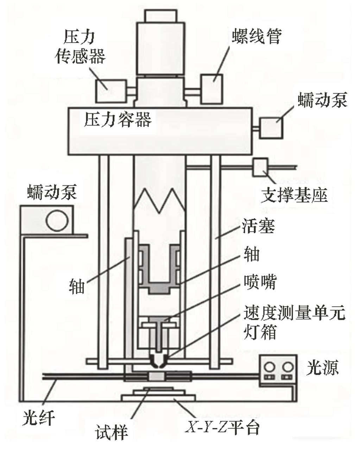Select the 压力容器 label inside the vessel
tap(118, 120)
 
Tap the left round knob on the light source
tap(270, 367)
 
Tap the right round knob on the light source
tap(288, 367)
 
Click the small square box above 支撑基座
tap(260, 166)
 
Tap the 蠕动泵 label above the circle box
tap(52, 193)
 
